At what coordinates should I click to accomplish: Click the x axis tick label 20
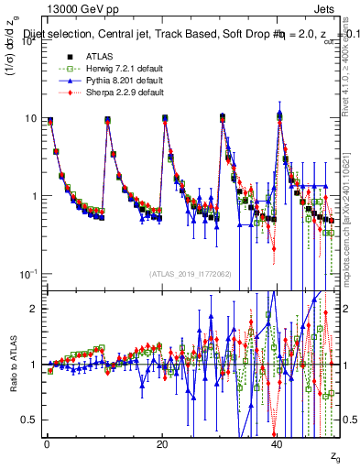click(x=162, y=442)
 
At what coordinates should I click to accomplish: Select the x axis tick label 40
click(x=278, y=442)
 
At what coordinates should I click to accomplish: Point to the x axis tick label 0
click(x=47, y=442)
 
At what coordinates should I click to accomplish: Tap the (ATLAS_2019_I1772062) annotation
click(x=191, y=273)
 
